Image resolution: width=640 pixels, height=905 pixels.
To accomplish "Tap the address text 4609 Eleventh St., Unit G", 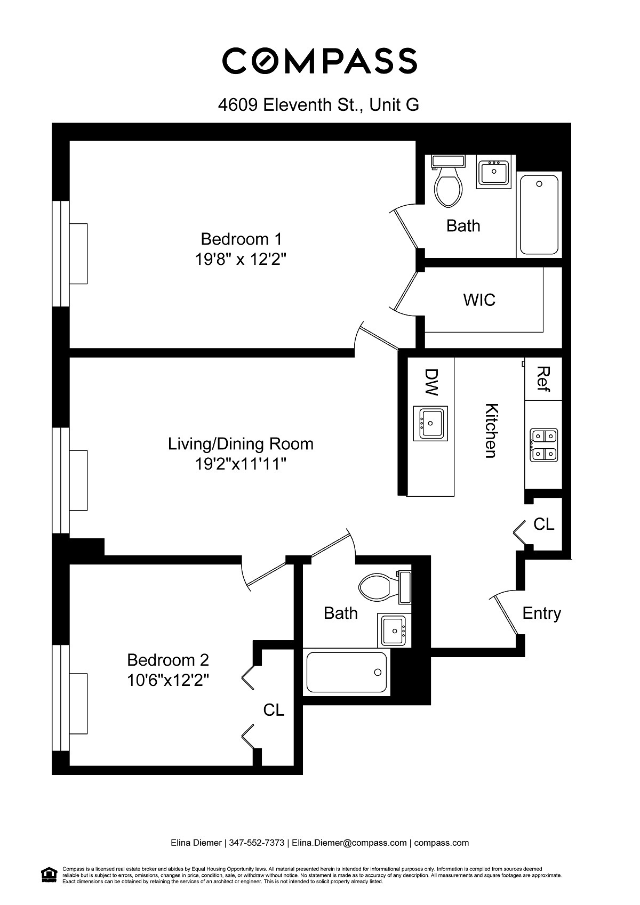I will tap(318, 104).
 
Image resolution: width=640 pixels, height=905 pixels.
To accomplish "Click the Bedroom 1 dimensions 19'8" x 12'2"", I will tap(241, 260).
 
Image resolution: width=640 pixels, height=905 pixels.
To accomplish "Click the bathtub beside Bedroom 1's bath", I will tap(539, 215).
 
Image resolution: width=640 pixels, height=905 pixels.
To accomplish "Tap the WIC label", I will tap(479, 300).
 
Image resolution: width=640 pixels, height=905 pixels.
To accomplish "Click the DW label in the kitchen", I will tap(431, 382).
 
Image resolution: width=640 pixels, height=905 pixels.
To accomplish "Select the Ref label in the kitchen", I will tap(543, 379).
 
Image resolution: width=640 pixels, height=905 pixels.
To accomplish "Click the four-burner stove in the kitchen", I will tap(543, 445).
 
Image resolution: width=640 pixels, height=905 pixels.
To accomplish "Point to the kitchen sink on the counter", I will tap(430, 423).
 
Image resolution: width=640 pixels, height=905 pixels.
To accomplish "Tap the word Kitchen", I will tap(491, 430).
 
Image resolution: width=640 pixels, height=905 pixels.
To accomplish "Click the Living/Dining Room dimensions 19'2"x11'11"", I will tap(241, 464).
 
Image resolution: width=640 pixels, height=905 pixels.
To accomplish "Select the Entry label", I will tap(541, 613).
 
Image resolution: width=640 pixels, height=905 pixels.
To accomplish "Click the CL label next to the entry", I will tap(543, 524).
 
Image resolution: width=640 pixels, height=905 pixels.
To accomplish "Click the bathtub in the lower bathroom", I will tap(346, 672).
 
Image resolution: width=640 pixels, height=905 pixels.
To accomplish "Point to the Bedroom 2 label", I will tap(167, 660).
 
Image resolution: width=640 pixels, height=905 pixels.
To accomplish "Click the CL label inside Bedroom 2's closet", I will tap(274, 710).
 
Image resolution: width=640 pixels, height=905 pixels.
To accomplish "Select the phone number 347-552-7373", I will tap(257, 843).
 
